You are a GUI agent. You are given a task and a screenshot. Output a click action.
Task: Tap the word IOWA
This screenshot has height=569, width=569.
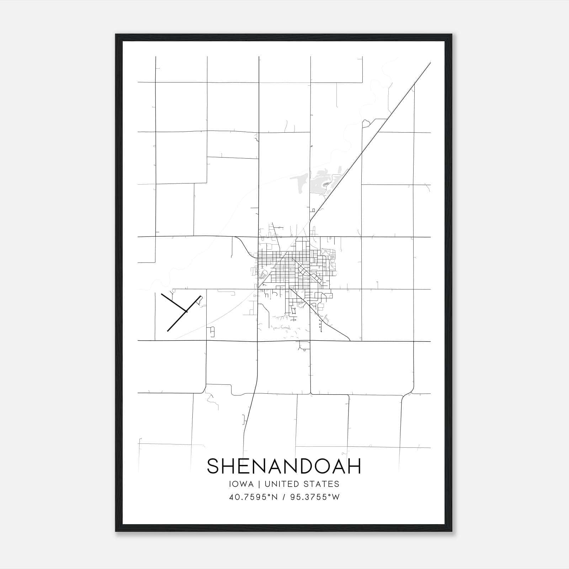click(241, 484)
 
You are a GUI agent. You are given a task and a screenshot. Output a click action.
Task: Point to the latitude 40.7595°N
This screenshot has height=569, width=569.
click(253, 497)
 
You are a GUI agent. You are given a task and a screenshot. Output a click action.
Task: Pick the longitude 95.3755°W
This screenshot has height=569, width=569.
click(315, 497)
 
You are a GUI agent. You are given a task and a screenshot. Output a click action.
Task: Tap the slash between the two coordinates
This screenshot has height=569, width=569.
click(284, 497)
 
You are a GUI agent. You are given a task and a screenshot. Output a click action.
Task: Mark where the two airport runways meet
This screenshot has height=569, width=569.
click(186, 312)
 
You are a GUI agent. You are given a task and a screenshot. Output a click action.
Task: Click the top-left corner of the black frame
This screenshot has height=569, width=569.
click(116, 35)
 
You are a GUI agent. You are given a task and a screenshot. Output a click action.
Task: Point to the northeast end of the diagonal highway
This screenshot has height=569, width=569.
click(430, 63)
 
